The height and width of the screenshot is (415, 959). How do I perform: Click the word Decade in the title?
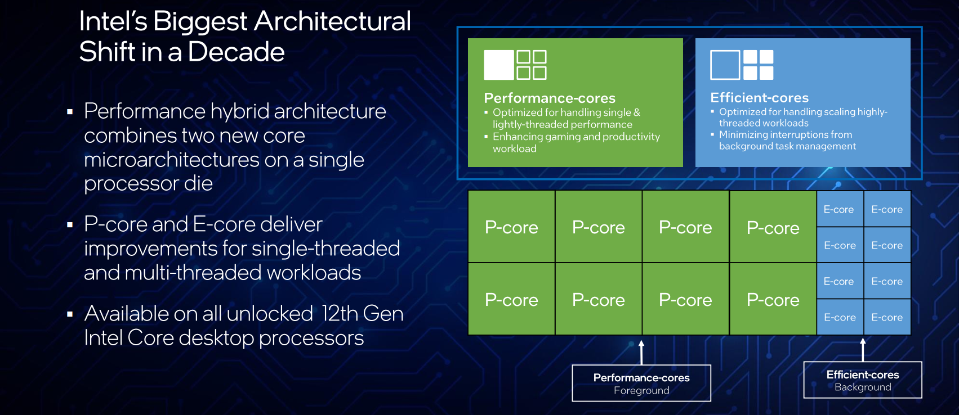(x=236, y=52)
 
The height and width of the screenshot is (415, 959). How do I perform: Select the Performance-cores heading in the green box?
(x=549, y=98)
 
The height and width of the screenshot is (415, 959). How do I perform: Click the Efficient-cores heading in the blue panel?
(x=759, y=98)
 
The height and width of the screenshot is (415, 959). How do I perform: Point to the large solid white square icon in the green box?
(x=499, y=65)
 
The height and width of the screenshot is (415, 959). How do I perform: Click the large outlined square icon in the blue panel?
(x=725, y=65)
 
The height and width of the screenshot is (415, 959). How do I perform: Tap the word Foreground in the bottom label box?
(x=641, y=390)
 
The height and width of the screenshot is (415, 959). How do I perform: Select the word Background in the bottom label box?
(x=863, y=387)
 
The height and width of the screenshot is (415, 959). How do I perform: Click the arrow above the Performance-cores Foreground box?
(x=641, y=353)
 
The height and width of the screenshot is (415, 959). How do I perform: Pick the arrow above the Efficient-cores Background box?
(x=863, y=350)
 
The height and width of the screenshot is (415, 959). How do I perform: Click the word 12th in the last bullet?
(x=338, y=314)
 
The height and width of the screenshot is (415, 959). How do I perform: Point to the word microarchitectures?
(x=171, y=160)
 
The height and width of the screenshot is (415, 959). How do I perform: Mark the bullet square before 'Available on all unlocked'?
(x=70, y=314)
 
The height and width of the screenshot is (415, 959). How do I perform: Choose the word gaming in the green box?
(x=560, y=137)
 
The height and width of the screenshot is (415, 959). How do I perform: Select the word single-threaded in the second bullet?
(x=325, y=249)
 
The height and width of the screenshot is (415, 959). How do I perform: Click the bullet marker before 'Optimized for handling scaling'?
(x=712, y=111)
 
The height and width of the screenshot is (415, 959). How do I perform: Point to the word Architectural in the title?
(x=332, y=21)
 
